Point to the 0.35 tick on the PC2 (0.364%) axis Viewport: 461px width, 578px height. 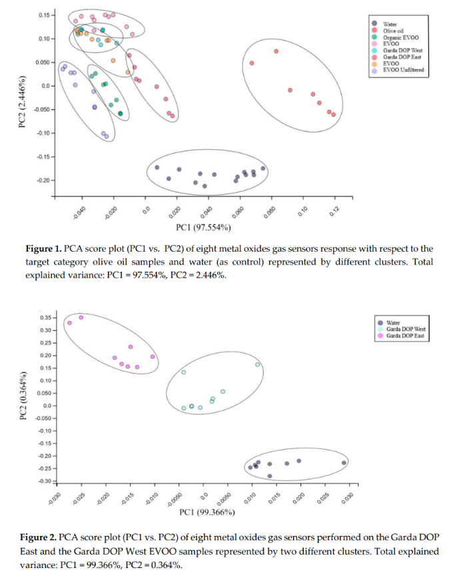(x=44, y=318)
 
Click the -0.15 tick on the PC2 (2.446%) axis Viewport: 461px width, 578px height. (x=43, y=157)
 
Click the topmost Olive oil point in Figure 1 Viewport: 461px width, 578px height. (x=276, y=51)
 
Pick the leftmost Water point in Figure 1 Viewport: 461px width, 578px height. (x=157, y=167)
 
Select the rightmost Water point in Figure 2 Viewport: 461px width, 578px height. (x=344, y=463)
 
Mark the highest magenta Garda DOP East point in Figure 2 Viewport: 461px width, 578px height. (x=81, y=318)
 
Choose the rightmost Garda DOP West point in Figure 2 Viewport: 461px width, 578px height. (x=257, y=364)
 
